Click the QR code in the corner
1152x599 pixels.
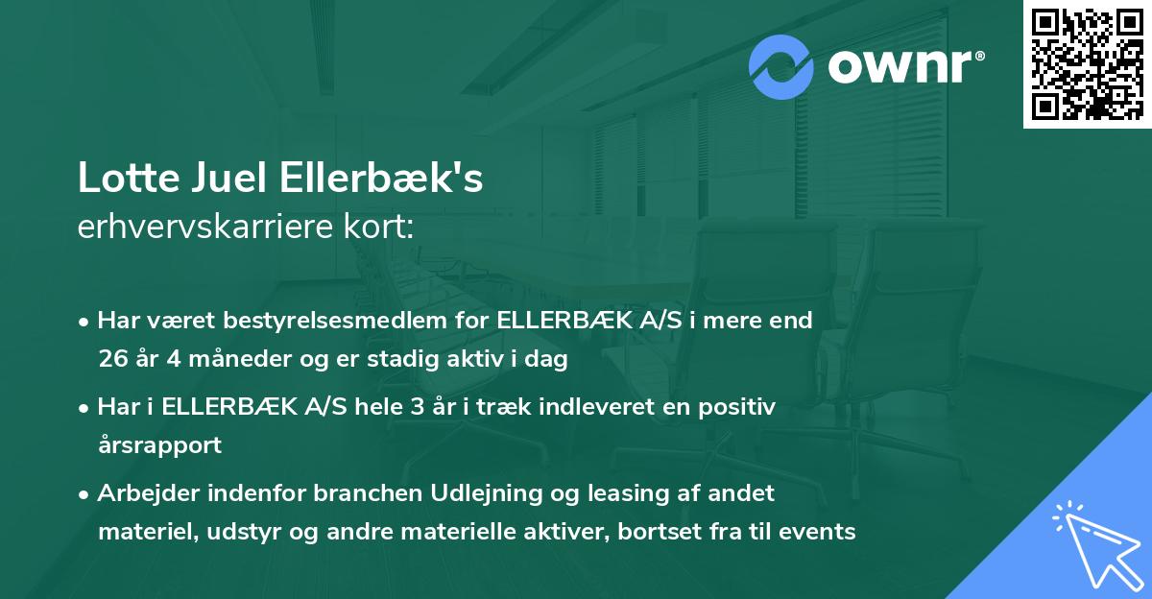tap(1087, 63)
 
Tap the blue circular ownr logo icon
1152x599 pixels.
tap(781, 67)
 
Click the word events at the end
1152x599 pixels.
tap(817, 531)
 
